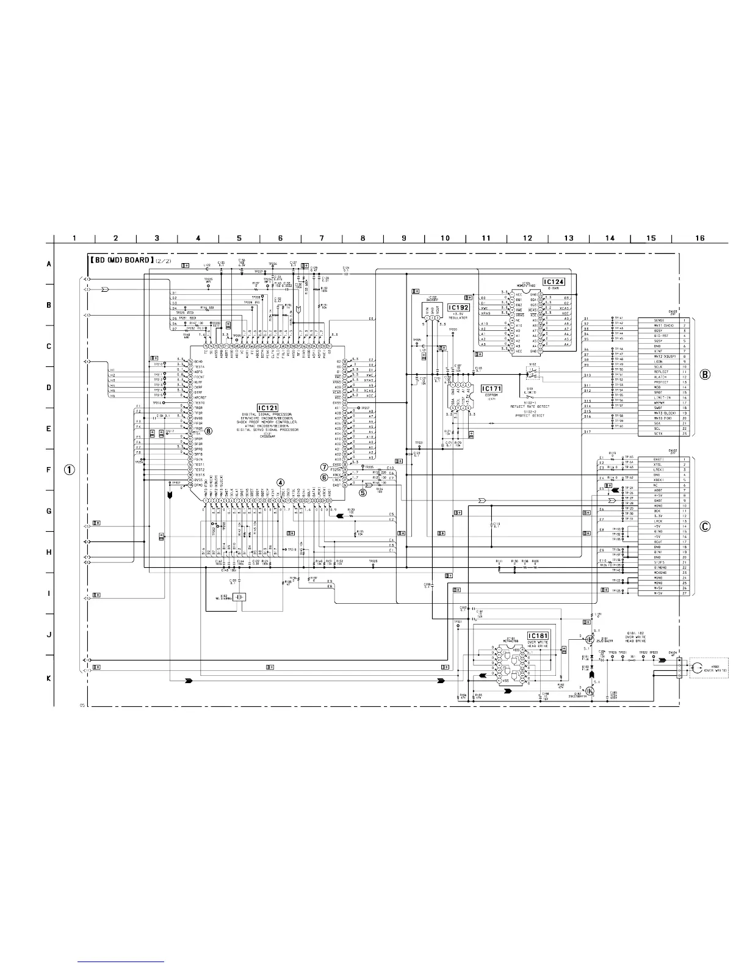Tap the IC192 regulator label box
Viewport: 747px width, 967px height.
[x=460, y=308]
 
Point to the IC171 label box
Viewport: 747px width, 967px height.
[x=492, y=388]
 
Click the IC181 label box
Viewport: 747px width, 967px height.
[x=538, y=636]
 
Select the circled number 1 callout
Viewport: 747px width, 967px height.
[x=71, y=469]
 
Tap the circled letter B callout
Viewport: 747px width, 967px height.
[x=705, y=375]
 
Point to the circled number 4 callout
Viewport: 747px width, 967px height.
[x=280, y=483]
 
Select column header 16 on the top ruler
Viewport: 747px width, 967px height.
[x=699, y=238]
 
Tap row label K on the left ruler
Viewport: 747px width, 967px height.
[x=49, y=678]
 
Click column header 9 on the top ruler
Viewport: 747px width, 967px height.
[x=404, y=238]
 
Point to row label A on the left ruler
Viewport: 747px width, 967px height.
[x=49, y=265]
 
